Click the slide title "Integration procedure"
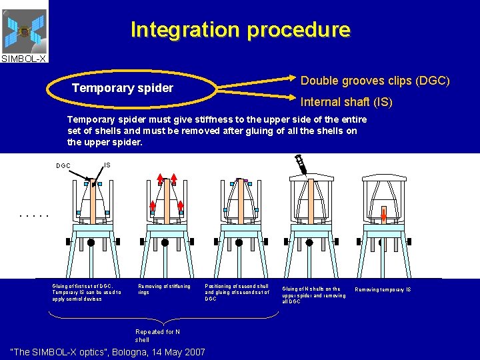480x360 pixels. pos(240,30)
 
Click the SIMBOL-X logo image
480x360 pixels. pos(24,31)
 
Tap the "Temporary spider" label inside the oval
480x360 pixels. pos(123,88)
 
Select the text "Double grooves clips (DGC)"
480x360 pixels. pos(375,81)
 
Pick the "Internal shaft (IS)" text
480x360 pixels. pos(347,103)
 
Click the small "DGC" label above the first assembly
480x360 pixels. pos(63,165)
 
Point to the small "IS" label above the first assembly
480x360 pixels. pos(107,164)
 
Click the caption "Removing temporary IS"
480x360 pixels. pos(383,289)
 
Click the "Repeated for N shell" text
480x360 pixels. pos(158,335)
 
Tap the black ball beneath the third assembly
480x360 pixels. pos(241,243)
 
